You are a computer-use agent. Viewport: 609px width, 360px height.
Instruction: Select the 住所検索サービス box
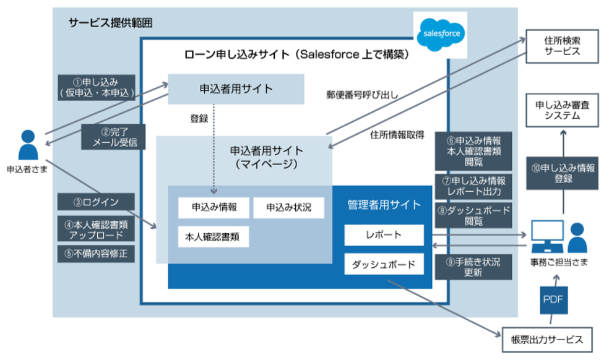(562, 46)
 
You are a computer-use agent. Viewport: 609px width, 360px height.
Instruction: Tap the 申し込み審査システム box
(562, 111)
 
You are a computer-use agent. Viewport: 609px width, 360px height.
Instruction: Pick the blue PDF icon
(553, 301)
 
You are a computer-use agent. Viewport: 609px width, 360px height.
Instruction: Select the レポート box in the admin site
(384, 235)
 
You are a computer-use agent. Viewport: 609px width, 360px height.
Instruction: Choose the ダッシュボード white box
(384, 264)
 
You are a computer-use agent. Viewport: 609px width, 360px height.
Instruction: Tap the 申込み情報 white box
(213, 207)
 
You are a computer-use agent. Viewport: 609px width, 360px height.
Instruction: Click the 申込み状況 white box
(288, 207)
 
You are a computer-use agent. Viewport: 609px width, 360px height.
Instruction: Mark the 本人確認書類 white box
(213, 236)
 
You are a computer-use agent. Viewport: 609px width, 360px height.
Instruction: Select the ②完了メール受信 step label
(114, 137)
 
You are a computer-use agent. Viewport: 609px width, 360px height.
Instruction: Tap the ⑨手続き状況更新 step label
(473, 267)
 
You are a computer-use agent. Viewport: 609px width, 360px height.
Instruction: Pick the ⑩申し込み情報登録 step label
(563, 173)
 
